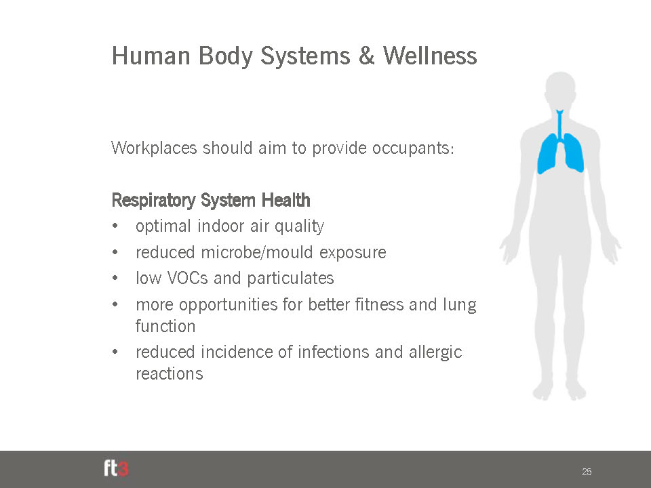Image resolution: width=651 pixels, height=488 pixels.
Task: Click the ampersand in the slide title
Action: [x=366, y=56]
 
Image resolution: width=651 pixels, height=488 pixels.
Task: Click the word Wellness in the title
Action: [x=430, y=56]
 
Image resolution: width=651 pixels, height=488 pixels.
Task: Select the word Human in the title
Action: [x=151, y=56]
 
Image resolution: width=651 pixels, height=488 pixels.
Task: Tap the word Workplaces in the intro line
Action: [x=154, y=148]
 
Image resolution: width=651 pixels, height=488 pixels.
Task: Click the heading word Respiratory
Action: [x=154, y=201]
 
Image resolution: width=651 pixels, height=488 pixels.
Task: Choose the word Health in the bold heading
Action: [x=285, y=200]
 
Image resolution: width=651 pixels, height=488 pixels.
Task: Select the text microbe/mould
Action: [x=256, y=252]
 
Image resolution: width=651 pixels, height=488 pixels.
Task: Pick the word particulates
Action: [x=290, y=279]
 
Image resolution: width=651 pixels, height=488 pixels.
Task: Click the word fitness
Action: [x=379, y=304]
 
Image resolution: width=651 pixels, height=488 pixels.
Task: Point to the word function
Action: [x=165, y=326]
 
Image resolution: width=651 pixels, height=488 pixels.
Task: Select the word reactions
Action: [x=170, y=374]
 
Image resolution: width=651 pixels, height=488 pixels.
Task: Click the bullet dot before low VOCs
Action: [x=115, y=278]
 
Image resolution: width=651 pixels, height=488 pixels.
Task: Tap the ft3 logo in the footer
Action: [x=116, y=468]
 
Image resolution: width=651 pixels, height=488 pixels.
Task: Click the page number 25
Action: [x=587, y=472]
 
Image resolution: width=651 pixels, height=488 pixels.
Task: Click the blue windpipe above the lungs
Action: [x=559, y=125]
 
